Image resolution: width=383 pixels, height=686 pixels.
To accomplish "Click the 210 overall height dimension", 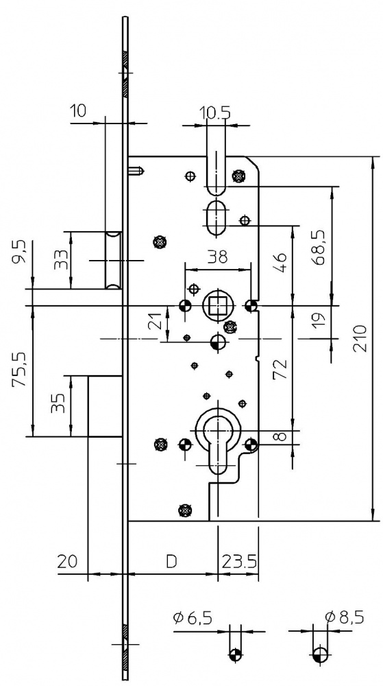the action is (x=361, y=339).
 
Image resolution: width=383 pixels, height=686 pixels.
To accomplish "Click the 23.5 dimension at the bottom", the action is (x=240, y=561).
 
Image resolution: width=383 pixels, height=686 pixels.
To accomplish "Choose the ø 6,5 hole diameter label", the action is (x=193, y=618).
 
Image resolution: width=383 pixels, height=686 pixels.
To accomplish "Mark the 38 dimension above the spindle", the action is (x=217, y=257).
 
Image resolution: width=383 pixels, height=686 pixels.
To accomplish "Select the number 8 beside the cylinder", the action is (x=281, y=436).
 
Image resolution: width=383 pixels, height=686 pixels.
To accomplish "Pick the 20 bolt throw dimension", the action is (x=68, y=561).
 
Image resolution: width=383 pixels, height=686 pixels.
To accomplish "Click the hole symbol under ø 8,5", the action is (x=320, y=654).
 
